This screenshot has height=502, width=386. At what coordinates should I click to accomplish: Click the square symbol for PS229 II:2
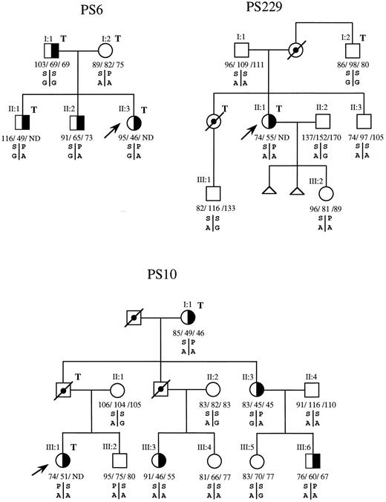point(321,122)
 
